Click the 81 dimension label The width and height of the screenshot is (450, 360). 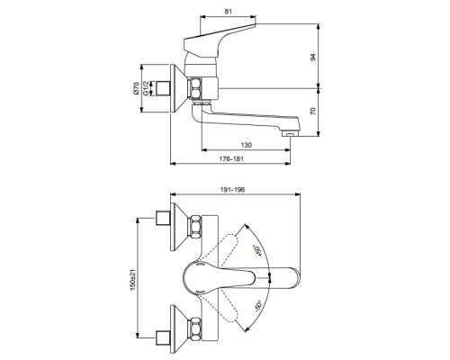228,12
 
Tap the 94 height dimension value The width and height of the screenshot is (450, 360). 313,57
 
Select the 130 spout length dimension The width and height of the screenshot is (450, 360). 247,145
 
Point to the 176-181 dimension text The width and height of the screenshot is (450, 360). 231,158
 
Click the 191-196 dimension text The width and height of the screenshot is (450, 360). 232,190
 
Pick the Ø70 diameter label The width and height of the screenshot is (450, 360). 136,88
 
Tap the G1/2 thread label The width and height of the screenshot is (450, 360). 146,88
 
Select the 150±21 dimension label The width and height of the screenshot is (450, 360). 133,279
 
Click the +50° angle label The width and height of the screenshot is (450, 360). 257,251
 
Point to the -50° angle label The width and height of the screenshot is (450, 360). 258,306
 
